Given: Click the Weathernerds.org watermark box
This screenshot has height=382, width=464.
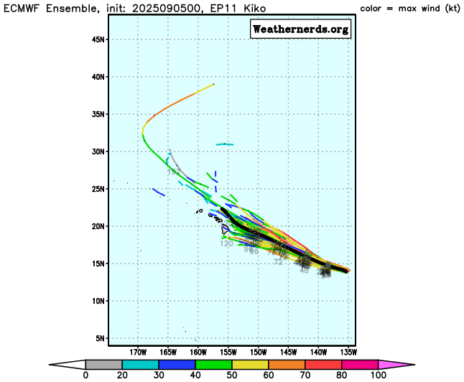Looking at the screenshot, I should [300, 29].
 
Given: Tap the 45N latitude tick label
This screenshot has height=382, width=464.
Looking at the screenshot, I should [98, 39].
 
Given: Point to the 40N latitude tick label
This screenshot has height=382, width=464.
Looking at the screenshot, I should [98, 77].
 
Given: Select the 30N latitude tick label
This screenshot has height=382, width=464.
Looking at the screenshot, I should [98, 152].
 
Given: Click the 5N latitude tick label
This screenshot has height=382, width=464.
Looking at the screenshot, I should [101, 338].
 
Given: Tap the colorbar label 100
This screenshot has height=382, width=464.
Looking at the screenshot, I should [378, 375].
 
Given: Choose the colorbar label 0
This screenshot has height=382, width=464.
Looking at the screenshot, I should [85, 375].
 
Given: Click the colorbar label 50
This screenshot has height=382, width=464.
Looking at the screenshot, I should [232, 375].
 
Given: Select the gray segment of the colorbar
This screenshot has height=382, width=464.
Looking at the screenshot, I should [100, 364].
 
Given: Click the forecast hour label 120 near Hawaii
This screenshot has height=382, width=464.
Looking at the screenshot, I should [226, 243].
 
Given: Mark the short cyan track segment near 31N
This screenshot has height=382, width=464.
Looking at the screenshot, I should [225, 144].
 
